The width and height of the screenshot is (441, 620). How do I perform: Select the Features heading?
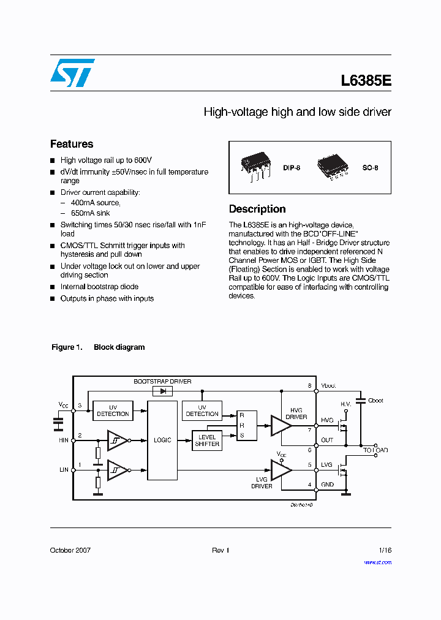[72, 144]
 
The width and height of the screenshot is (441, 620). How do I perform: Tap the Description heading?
[257, 209]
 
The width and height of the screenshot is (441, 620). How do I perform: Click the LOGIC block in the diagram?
[162, 440]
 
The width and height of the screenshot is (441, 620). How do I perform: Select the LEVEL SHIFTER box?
[207, 440]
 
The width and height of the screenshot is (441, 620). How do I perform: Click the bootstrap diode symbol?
[163, 390]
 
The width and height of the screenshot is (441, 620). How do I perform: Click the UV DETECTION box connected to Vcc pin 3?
[113, 410]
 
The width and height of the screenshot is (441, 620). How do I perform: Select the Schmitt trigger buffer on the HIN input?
[118, 440]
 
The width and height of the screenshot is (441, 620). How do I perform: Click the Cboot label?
[375, 401]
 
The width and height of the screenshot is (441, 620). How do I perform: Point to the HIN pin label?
[63, 439]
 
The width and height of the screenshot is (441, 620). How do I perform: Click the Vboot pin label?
[328, 387]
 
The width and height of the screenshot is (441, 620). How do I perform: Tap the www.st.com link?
[377, 562]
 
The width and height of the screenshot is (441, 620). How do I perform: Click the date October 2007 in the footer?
[70, 550]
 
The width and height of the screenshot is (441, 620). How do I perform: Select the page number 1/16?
[385, 550]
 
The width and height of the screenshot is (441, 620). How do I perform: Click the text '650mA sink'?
[91, 213]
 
